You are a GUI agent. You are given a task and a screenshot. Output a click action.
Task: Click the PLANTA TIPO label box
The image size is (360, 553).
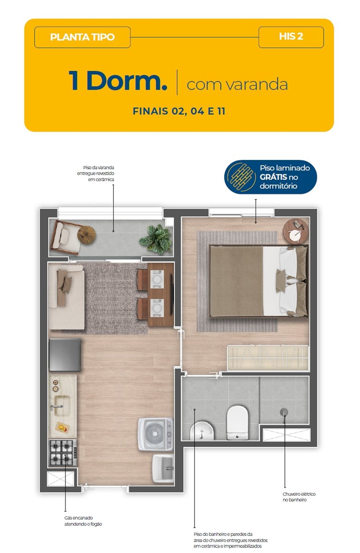(82, 37)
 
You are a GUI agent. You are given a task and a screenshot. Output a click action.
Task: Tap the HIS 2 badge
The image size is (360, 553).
(291, 37)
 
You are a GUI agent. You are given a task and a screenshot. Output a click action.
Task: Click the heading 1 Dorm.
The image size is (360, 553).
(118, 81)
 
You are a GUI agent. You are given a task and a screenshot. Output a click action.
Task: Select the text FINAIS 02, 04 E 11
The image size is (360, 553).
(179, 111)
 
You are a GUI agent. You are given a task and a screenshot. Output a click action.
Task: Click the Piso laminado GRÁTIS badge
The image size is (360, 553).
(271, 177)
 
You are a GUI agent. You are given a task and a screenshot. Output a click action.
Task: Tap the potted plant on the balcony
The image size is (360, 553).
(156, 239)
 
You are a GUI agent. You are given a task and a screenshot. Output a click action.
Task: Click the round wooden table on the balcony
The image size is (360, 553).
(86, 235)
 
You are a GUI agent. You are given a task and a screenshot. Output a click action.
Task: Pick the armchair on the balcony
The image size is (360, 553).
(65, 238)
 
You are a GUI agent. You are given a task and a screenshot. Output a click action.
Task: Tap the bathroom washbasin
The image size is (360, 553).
(202, 430)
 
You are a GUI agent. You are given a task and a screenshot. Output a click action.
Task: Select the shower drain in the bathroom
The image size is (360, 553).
(284, 412)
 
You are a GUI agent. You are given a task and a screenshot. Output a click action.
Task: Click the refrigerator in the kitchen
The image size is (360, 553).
(65, 355)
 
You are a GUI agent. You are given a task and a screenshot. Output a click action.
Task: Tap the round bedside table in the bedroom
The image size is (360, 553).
(295, 231)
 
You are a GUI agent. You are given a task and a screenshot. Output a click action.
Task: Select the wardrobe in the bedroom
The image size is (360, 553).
(268, 358)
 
